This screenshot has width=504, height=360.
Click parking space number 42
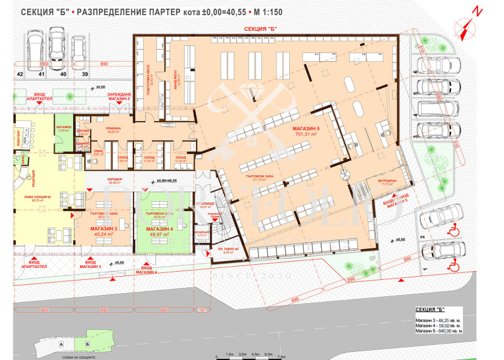[20, 74]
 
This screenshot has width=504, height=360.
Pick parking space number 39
[78, 74]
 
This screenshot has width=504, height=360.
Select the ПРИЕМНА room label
[114, 130]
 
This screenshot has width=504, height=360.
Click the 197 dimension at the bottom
[202, 311]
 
